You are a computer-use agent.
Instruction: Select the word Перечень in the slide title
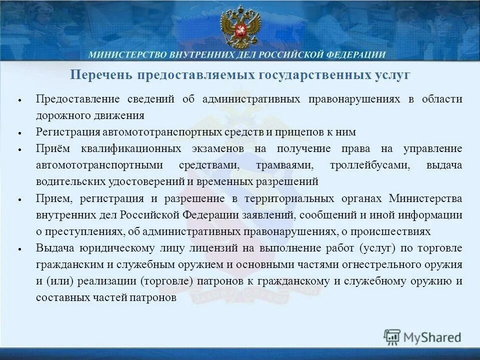[100, 75]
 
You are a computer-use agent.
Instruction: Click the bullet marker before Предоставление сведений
[19, 100]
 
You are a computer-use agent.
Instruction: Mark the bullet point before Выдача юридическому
[19, 249]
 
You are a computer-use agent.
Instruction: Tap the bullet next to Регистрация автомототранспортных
[19, 133]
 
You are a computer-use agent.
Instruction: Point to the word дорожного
[60, 115]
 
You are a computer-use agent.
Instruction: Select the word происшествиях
[395, 231]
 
